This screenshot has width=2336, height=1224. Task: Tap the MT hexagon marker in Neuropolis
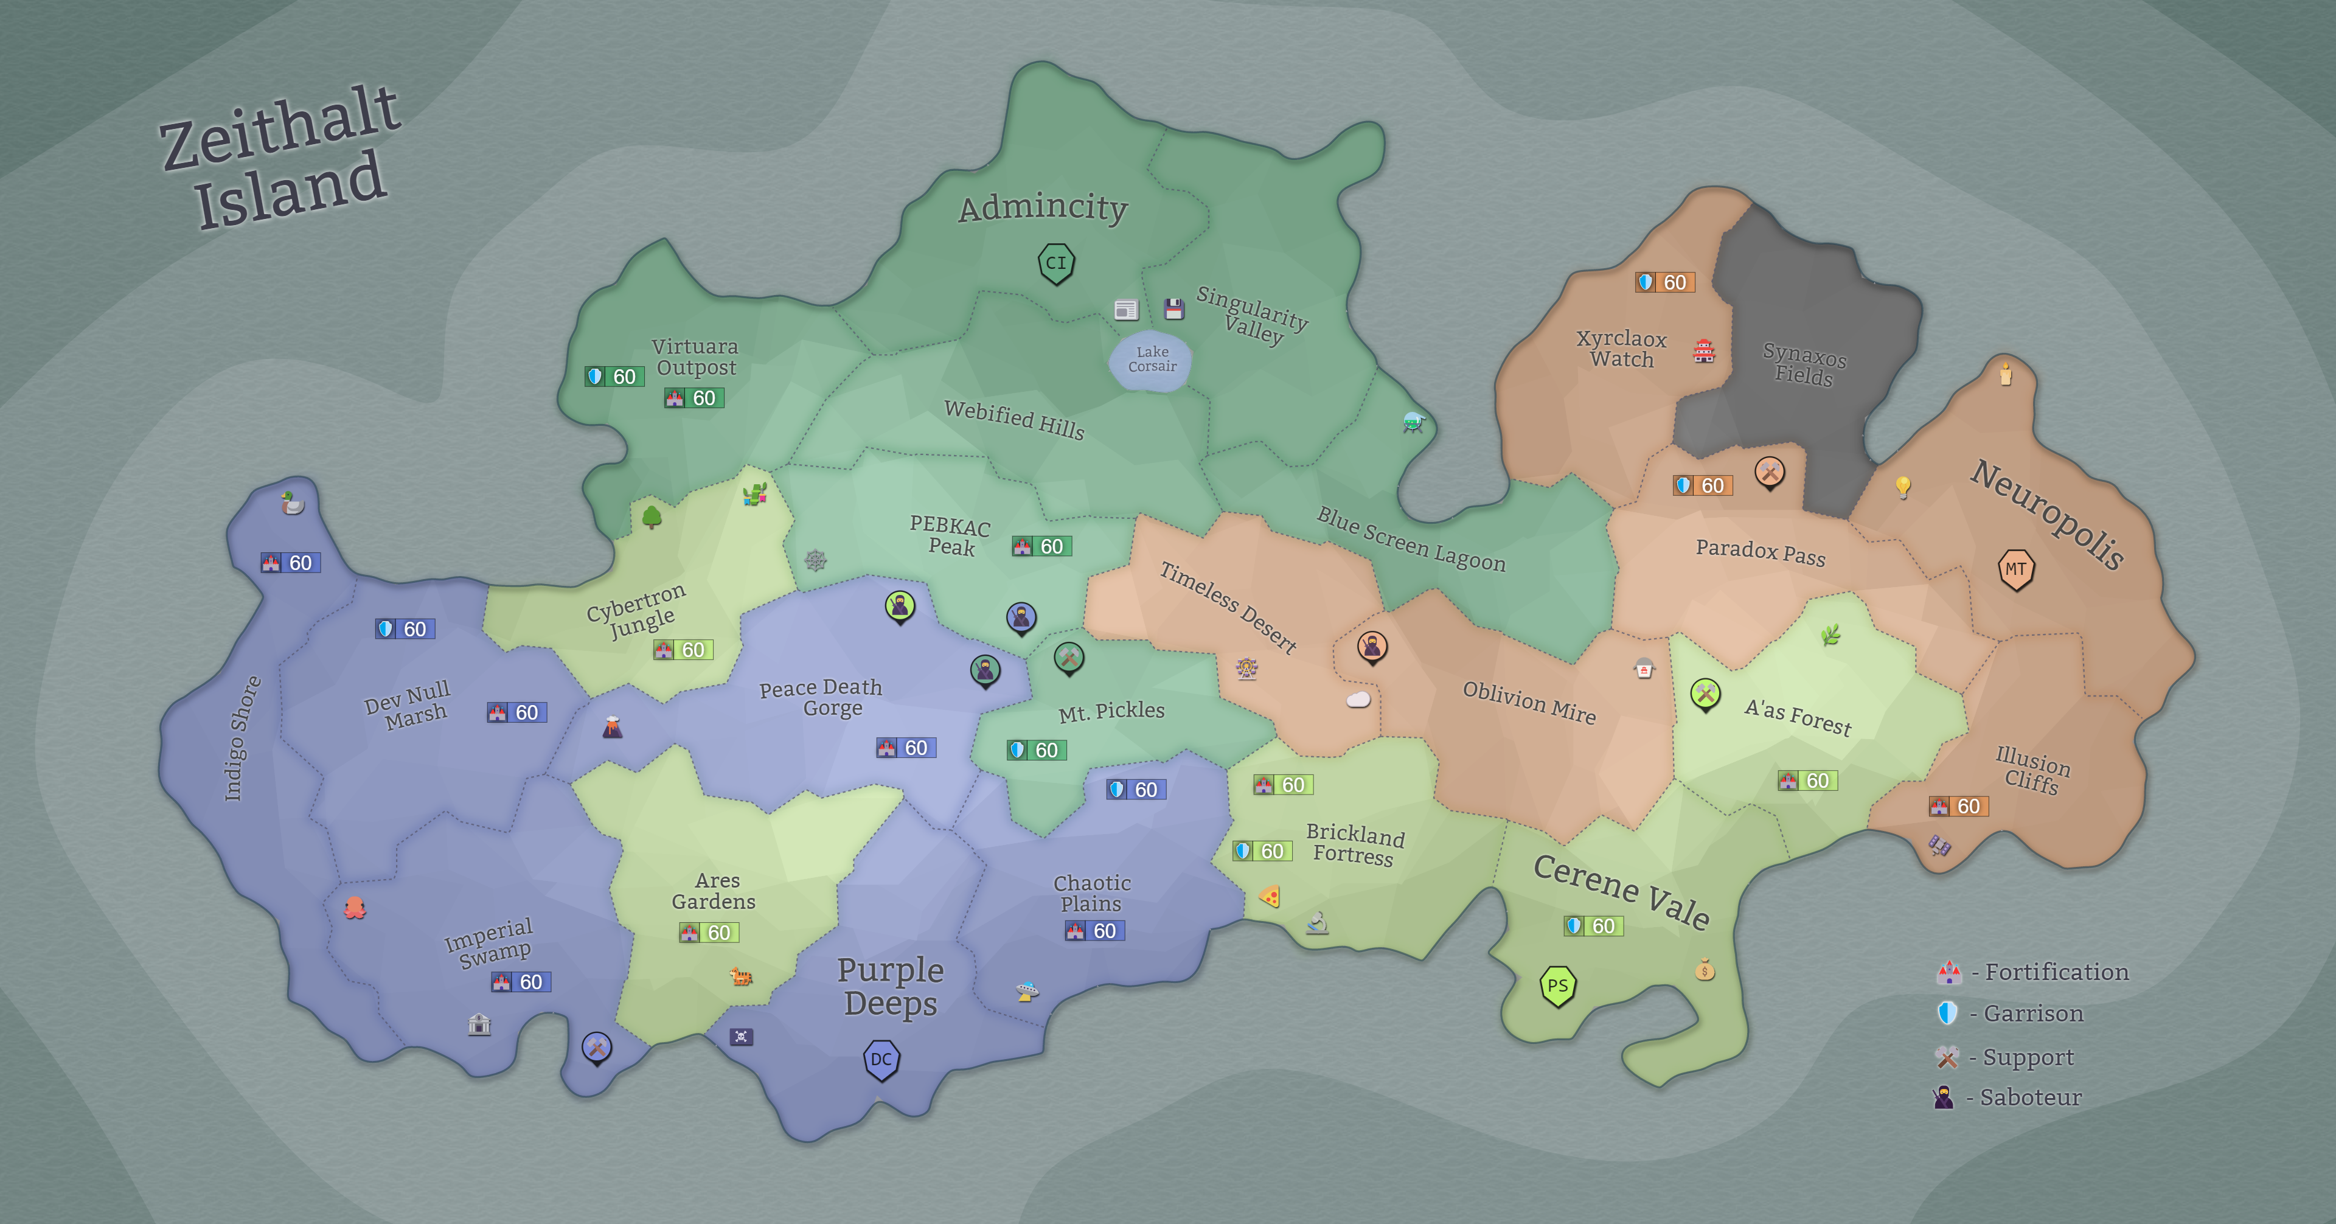[x=2016, y=569]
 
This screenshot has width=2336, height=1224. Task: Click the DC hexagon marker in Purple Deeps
[x=880, y=1059]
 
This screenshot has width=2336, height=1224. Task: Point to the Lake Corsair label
[x=1152, y=359]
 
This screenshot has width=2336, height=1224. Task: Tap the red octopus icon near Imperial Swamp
[x=355, y=908]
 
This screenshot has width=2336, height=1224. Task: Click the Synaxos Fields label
[x=1804, y=364]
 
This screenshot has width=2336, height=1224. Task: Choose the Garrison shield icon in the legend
[x=1947, y=1013]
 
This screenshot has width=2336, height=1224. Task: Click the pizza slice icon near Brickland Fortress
[x=1270, y=897]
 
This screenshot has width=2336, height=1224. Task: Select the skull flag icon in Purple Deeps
[x=741, y=1036]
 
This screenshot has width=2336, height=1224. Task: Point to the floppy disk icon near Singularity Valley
[x=1174, y=309]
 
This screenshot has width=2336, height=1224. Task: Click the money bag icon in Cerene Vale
[x=1705, y=971]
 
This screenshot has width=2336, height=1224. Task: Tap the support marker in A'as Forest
[x=1705, y=695]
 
